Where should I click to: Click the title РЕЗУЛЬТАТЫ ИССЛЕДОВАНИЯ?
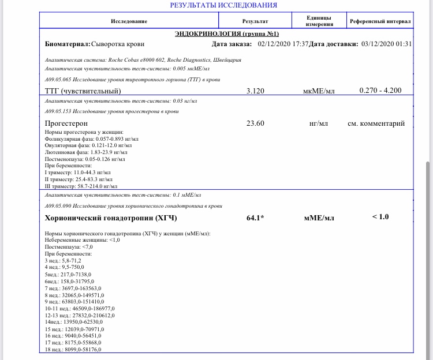(x=223, y=5)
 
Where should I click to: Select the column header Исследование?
(x=129, y=21)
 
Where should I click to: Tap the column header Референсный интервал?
(x=380, y=21)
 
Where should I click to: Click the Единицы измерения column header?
(x=319, y=21)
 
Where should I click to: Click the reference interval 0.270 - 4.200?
(x=380, y=90)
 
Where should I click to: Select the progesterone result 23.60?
(x=255, y=123)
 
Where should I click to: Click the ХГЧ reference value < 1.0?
(x=380, y=217)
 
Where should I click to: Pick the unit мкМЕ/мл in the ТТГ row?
(x=319, y=91)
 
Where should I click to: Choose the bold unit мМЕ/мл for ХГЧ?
(x=319, y=218)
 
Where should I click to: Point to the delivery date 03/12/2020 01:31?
(x=386, y=44)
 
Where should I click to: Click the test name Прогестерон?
(x=66, y=123)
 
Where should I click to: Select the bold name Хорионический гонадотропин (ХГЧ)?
(x=110, y=218)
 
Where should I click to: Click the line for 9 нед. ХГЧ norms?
(x=74, y=302)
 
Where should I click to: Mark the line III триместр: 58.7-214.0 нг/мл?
(x=81, y=186)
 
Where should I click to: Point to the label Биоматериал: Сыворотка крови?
(x=95, y=44)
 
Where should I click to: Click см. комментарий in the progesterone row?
(x=376, y=123)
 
